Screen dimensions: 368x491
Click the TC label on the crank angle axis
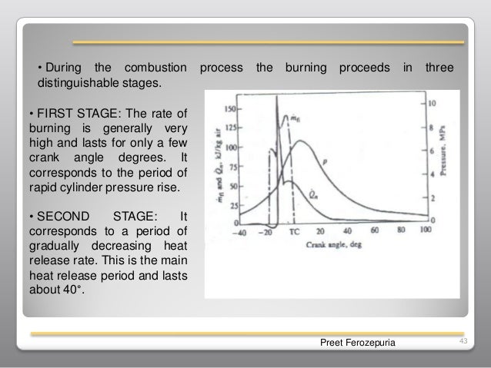[x=294, y=230]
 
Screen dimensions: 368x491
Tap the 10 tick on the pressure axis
[x=433, y=102]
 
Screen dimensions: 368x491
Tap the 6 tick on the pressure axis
[x=433, y=149]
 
